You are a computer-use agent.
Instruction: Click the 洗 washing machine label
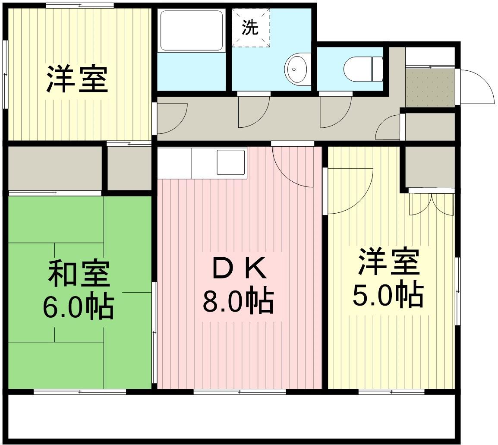click(x=250, y=27)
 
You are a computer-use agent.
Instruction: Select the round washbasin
click(x=298, y=69)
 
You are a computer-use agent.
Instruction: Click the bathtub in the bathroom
click(x=191, y=31)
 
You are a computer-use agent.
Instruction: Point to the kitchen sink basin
click(x=230, y=162)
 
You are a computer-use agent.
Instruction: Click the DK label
click(x=239, y=269)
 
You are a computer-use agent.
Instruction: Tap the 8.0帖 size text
click(x=238, y=300)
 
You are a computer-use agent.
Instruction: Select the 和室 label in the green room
click(x=79, y=274)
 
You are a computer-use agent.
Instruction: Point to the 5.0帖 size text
click(x=388, y=294)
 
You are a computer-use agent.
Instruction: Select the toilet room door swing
click(x=335, y=112)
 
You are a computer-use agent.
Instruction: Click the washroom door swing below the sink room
click(x=254, y=112)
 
